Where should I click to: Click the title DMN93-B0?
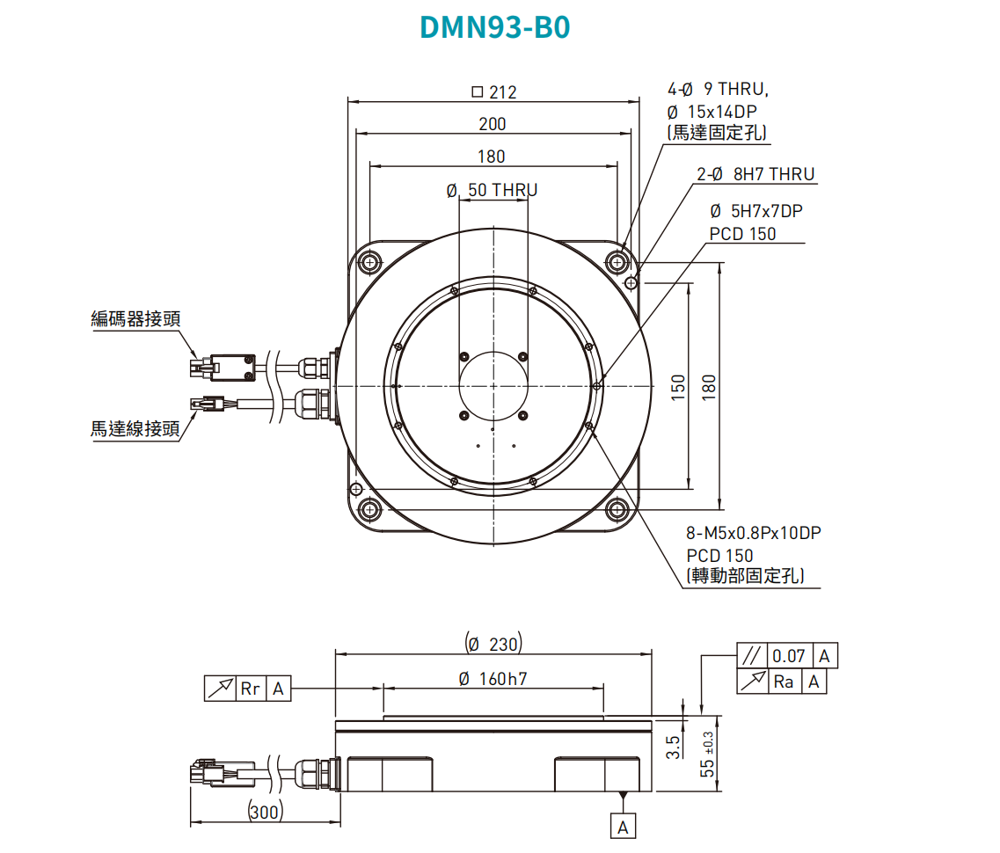(495, 28)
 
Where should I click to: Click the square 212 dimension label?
(493, 91)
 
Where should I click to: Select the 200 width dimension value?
(493, 124)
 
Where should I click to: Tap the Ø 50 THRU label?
(492, 190)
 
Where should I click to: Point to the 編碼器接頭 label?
(135, 318)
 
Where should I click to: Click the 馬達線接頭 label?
(135, 429)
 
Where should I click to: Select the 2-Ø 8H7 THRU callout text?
(755, 174)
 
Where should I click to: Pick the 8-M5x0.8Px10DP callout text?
(754, 533)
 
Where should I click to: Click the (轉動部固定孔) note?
(747, 577)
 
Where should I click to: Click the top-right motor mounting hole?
(617, 261)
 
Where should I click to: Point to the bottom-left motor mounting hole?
(369, 510)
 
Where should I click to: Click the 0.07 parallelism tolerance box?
(789, 656)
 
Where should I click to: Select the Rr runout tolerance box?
(251, 689)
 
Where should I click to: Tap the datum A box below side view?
(623, 827)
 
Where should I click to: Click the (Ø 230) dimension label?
(493, 645)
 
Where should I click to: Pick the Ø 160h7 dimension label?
(493, 679)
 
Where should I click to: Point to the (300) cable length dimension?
(265, 812)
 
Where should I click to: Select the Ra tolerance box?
(783, 682)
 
